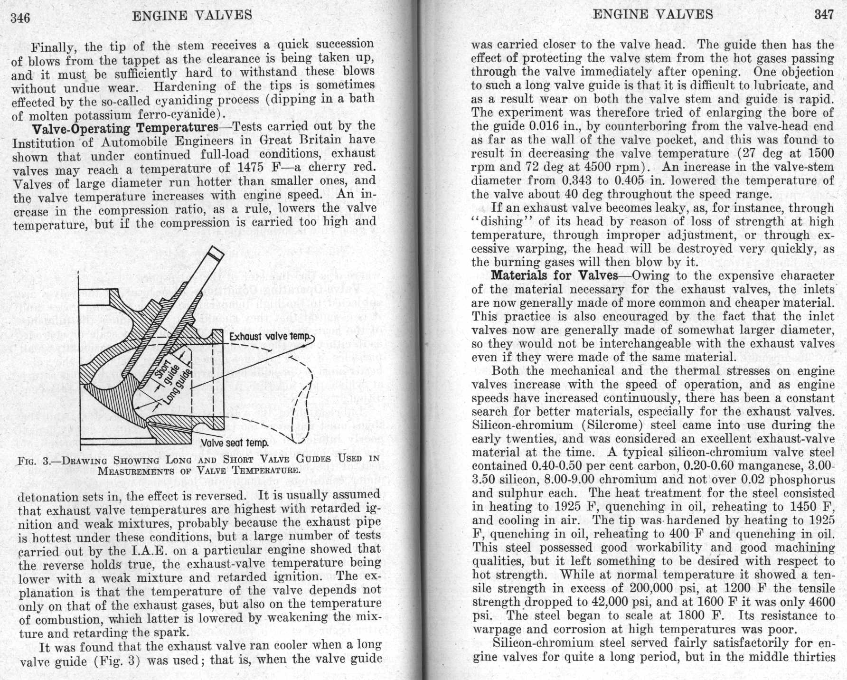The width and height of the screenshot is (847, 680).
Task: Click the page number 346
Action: click(20, 18)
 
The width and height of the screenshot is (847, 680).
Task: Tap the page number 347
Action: click(824, 15)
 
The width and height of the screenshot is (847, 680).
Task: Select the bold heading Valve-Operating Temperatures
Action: click(124, 128)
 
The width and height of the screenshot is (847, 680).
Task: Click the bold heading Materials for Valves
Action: click(554, 275)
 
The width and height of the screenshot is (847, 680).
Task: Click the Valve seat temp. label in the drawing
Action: click(235, 443)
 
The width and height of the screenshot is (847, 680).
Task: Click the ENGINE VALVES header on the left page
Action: click(192, 15)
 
